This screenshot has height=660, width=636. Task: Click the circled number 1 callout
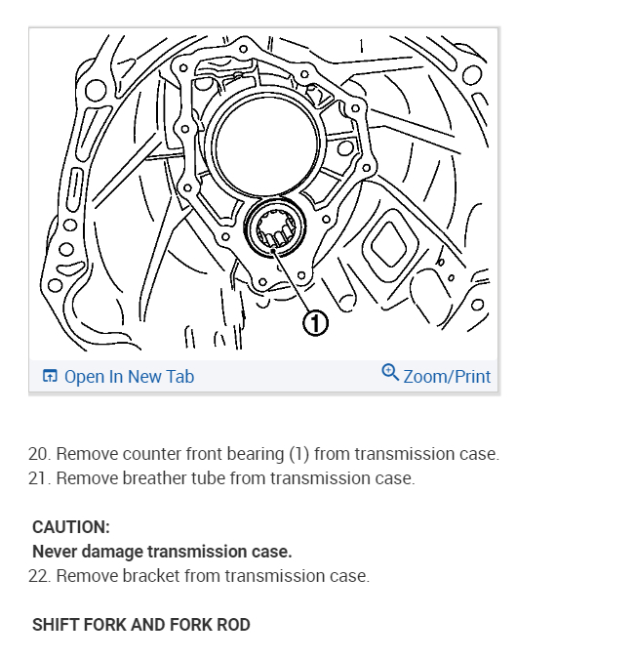coord(315,323)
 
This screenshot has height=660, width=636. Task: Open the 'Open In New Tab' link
coord(129,376)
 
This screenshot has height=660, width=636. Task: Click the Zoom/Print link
coord(447,376)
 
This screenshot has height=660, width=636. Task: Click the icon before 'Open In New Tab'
coord(50,376)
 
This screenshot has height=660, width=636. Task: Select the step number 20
coord(39,454)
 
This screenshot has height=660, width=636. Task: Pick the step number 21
coord(39,478)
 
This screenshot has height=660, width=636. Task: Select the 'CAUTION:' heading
coord(71,527)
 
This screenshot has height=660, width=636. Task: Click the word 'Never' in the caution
coord(54,552)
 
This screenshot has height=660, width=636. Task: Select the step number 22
coord(39,576)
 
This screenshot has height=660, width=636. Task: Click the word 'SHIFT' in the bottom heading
coord(54,625)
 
